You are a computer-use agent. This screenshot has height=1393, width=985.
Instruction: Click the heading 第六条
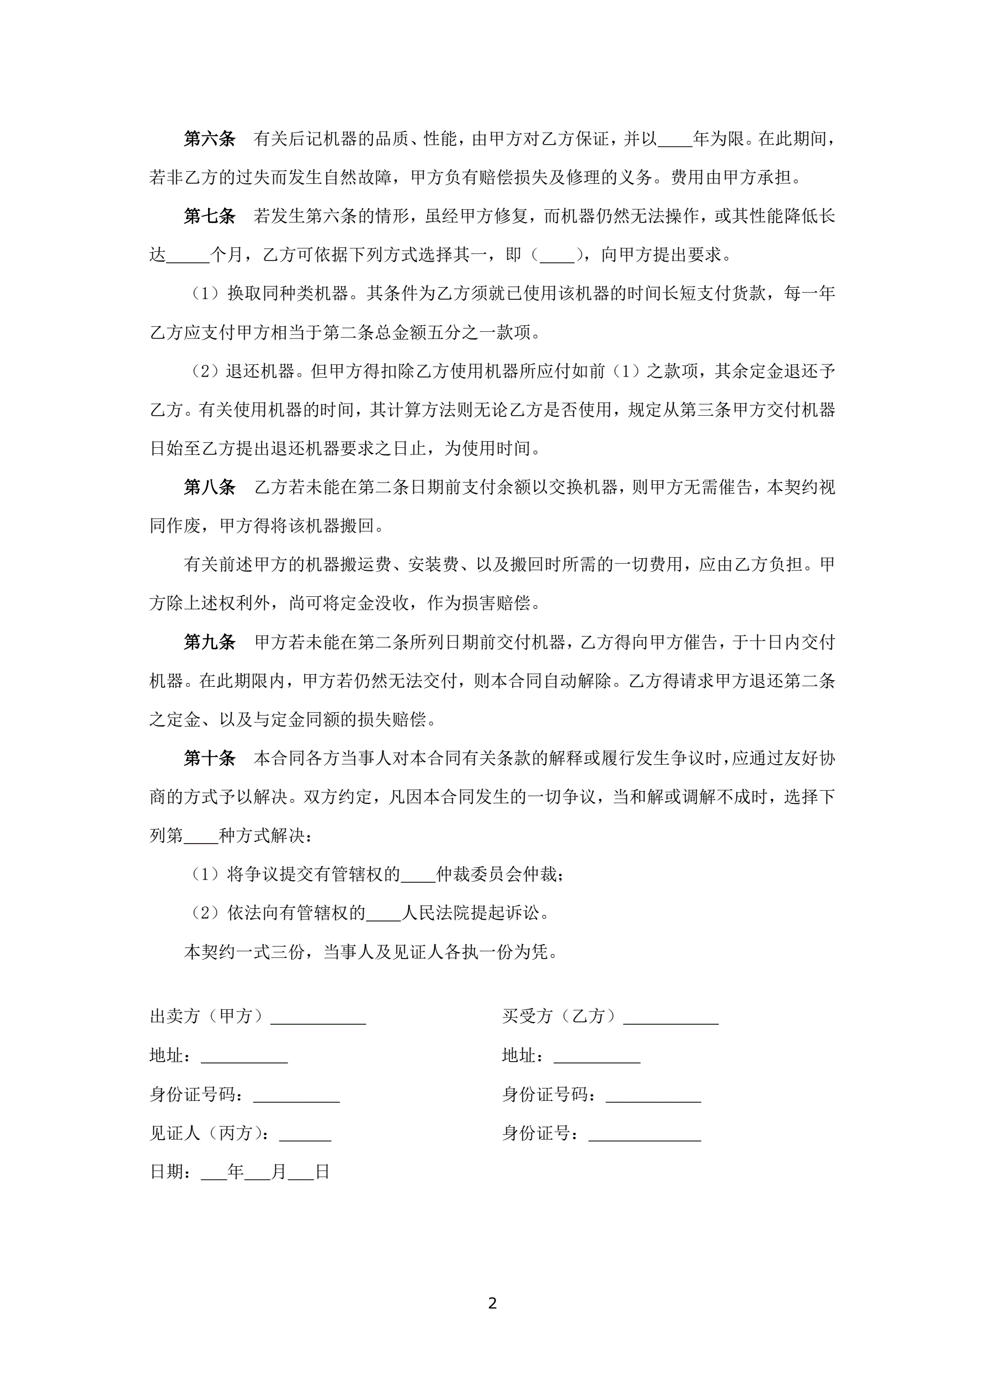[x=209, y=139]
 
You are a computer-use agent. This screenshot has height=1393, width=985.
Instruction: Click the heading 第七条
[x=209, y=216]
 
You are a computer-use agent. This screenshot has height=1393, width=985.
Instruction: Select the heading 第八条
[x=209, y=486]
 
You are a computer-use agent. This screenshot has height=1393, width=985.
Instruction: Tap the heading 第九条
[x=209, y=642]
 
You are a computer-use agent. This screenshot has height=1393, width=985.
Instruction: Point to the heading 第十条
[x=209, y=758]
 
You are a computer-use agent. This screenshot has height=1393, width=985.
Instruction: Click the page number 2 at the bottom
[x=492, y=1303]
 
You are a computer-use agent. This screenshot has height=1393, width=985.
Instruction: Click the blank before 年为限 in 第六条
[x=674, y=141]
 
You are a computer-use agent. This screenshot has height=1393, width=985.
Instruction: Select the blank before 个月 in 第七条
[x=188, y=257]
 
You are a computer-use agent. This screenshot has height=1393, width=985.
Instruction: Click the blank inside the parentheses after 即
[x=557, y=257]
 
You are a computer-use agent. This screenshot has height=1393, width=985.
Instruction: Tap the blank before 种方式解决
[x=200, y=837]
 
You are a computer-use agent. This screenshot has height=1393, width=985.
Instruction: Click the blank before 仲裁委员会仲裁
[x=418, y=876]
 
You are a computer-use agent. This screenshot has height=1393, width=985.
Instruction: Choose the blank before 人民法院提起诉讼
[x=384, y=915]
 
